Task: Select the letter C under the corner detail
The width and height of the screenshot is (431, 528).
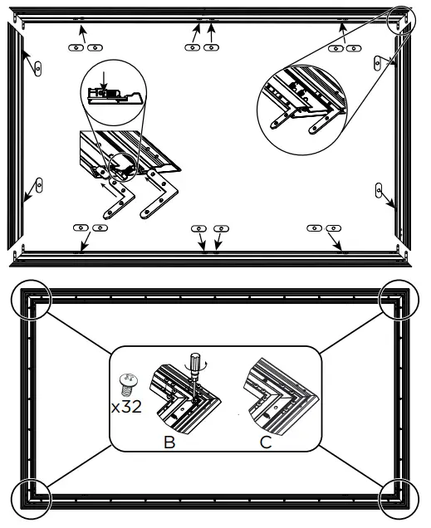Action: tap(266, 442)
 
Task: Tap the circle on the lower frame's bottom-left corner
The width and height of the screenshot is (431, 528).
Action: tap(31, 500)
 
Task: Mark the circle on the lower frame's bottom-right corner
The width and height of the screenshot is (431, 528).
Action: tap(401, 501)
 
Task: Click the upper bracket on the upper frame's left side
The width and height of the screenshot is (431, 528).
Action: tap(37, 67)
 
